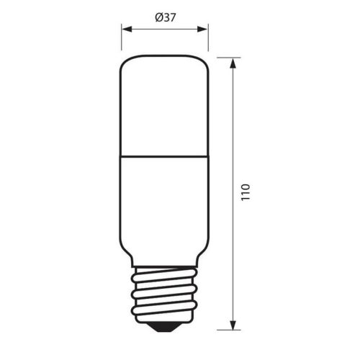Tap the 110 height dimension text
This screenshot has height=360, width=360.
pyautogui.click(x=246, y=194)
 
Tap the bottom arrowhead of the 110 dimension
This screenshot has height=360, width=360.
pyautogui.click(x=232, y=328)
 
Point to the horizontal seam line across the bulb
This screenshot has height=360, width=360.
pyautogui.click(x=164, y=154)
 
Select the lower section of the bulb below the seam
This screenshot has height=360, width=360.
pyautogui.click(x=164, y=202)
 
